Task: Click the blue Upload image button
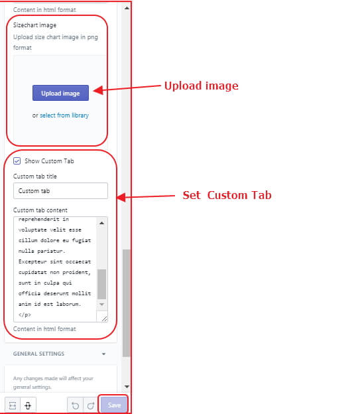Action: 60,93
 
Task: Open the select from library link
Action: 64,115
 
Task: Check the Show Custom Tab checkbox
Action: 17,161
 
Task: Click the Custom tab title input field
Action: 60,190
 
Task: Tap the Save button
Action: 114,405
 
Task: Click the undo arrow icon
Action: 75,405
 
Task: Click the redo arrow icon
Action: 91,405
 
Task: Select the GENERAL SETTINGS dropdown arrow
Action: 103,354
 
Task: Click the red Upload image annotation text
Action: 202,86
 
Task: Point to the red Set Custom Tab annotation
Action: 227,195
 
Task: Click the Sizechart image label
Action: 34,25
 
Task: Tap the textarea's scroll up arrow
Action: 101,223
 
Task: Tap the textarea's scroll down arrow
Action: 101,305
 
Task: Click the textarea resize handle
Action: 105,319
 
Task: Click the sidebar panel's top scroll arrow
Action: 127,8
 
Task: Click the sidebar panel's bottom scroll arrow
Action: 127,387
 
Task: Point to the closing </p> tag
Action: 25,314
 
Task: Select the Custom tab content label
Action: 40,210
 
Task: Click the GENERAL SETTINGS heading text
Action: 39,354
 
